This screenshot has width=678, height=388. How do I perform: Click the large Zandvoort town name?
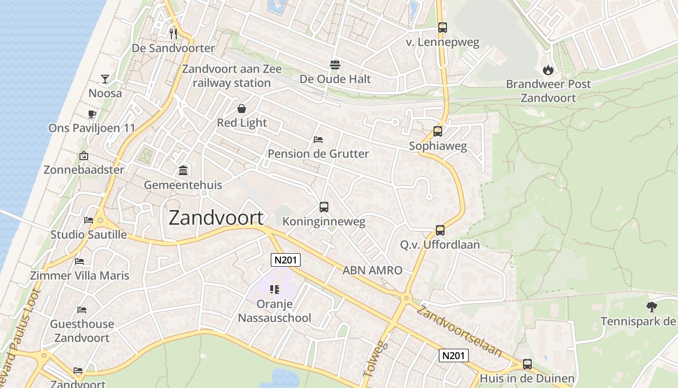pyautogui.click(x=216, y=218)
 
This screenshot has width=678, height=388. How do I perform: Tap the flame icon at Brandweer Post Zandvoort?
pyautogui.click(x=548, y=70)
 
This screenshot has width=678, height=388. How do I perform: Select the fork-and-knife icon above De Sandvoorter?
pyautogui.click(x=173, y=33)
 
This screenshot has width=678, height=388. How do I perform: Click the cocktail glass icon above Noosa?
pyautogui.click(x=105, y=79)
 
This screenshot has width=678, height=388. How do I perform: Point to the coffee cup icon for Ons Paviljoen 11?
pyautogui.click(x=92, y=114)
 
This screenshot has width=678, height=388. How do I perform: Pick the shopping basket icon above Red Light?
pyautogui.click(x=242, y=109)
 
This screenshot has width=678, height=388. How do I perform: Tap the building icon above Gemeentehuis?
pyautogui.click(x=183, y=170)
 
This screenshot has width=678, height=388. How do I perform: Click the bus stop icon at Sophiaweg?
pyautogui.click(x=438, y=131)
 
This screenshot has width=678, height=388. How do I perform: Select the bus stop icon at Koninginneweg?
pyautogui.click(x=324, y=207)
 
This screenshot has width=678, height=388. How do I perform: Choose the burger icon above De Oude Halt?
pyautogui.click(x=335, y=65)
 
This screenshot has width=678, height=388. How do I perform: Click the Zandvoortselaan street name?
pyautogui.click(x=459, y=331)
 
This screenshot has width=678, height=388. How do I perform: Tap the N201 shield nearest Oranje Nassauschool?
pyautogui.click(x=286, y=260)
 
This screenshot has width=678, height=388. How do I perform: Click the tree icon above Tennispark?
pyautogui.click(x=652, y=307)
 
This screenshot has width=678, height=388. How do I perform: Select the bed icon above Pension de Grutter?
pyautogui.click(x=318, y=140)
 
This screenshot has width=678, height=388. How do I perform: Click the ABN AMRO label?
pyautogui.click(x=372, y=271)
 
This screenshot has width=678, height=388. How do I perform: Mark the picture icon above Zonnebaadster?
pyautogui.click(x=84, y=156)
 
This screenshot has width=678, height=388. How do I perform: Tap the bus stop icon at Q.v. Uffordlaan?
pyautogui.click(x=440, y=230)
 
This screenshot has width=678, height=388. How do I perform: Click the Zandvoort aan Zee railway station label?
pyautogui.click(x=231, y=76)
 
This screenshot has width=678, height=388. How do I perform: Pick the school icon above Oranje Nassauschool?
pyautogui.click(x=275, y=290)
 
